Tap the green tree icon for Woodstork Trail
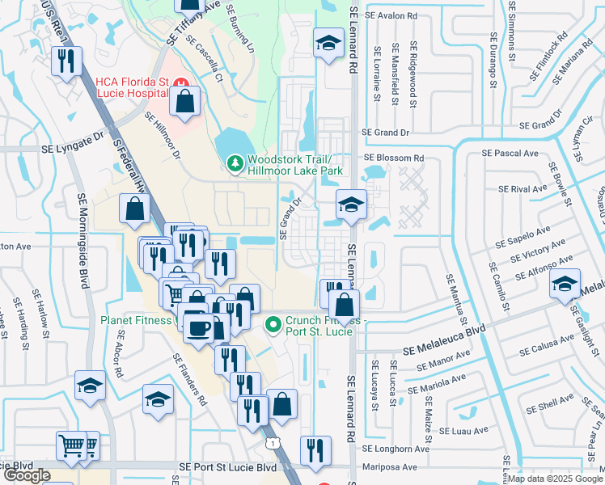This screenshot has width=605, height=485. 235,164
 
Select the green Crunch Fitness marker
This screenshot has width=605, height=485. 273,325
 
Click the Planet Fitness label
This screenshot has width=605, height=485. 137,320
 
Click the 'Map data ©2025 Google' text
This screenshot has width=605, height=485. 556,479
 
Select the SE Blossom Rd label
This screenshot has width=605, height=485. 394,158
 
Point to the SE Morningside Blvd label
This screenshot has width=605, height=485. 82,242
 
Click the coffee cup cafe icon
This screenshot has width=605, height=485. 198,327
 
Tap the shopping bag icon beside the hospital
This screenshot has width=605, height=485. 185,102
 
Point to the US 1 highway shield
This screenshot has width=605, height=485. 275,443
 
